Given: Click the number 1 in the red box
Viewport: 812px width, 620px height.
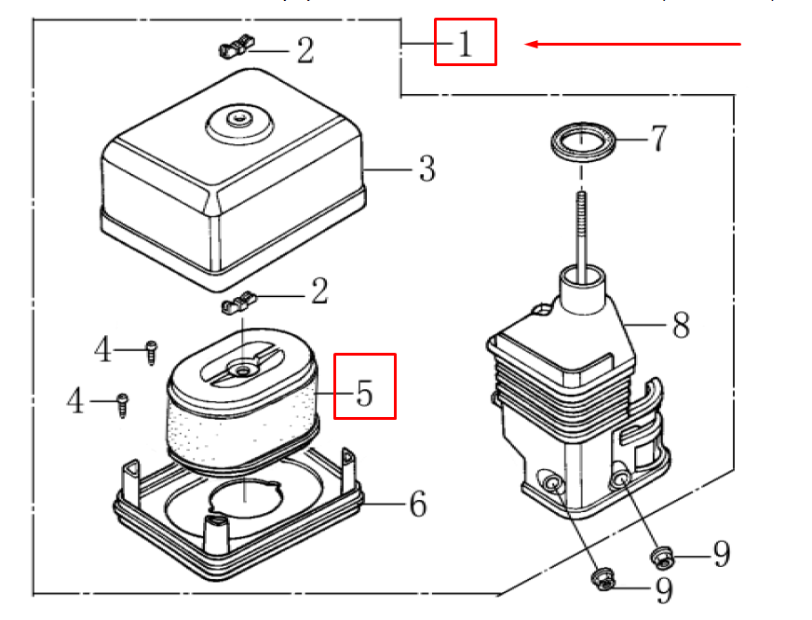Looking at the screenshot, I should pos(465,43).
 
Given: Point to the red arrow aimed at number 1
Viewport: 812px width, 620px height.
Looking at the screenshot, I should pos(633,44).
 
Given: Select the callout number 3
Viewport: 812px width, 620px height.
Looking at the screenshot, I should pos(426,169).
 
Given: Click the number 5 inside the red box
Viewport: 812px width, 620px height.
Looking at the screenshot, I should pos(364,394).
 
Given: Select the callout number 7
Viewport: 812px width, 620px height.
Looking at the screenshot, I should pos(658,139).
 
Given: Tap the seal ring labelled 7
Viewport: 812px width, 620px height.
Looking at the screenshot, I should pos(582,142).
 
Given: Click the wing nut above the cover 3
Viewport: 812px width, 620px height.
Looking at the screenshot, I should pos(237,47).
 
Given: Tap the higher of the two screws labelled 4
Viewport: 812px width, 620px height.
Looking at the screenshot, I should pos(150,352).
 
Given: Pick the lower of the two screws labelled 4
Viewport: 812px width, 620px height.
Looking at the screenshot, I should pos(122,404).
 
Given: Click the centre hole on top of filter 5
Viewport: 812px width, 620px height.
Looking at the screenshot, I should pos(243,370).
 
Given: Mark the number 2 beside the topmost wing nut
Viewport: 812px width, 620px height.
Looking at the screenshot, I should pos(304,50).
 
